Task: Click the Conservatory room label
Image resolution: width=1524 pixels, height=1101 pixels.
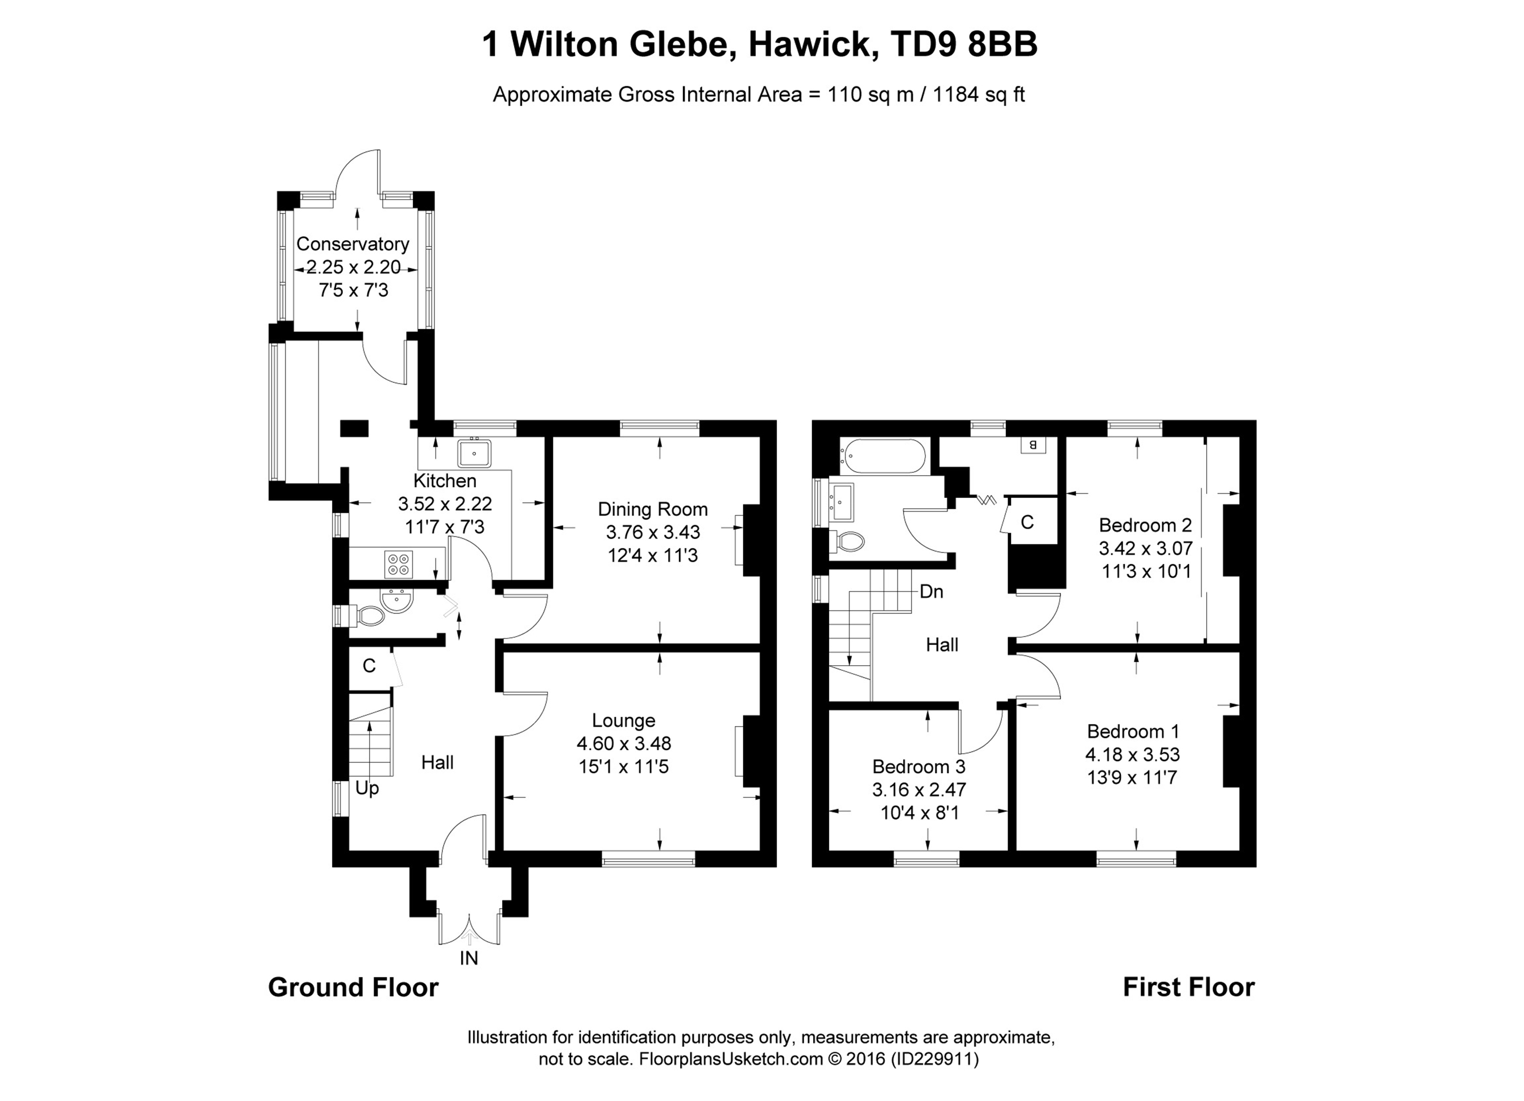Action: (352, 244)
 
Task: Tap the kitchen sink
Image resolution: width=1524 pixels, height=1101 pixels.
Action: (474, 453)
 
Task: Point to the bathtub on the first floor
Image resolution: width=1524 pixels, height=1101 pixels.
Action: (883, 456)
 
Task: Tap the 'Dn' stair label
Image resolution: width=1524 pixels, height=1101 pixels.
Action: (931, 592)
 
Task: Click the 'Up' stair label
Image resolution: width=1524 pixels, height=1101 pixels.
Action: (367, 788)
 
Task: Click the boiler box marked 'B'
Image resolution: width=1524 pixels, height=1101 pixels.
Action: (1033, 445)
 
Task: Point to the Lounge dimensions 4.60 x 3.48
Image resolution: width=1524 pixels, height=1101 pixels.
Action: (624, 744)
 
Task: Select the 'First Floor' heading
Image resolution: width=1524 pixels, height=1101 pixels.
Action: (1188, 987)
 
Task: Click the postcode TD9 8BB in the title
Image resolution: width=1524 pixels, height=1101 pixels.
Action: (963, 45)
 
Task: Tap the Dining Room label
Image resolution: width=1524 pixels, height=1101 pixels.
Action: (652, 509)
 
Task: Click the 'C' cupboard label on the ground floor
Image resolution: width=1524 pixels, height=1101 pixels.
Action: (369, 666)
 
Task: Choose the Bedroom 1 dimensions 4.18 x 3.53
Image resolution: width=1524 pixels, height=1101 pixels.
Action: (1132, 754)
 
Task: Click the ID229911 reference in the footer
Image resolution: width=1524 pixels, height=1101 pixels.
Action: (935, 1059)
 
